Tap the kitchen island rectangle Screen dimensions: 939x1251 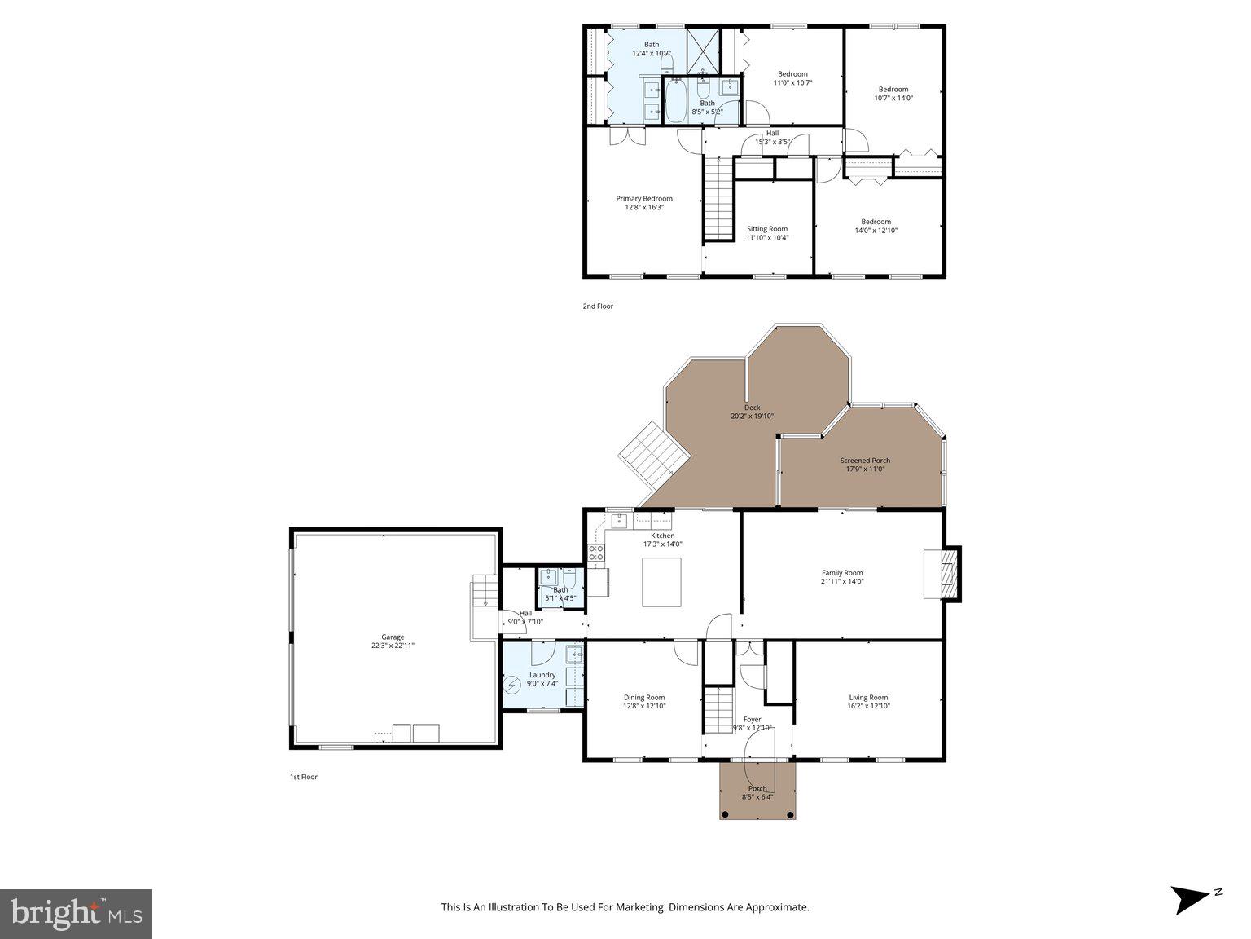(x=661, y=582)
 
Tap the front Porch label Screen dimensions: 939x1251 (x=757, y=789)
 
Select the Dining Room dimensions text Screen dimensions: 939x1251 (x=644, y=706)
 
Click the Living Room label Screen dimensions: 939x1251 (x=868, y=697)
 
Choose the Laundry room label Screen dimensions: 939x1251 (x=542, y=675)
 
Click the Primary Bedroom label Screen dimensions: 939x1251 (x=643, y=199)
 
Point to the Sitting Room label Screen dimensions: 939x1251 (x=766, y=229)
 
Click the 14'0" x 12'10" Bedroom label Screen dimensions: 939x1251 (x=876, y=222)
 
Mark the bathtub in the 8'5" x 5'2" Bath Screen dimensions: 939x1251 (x=676, y=101)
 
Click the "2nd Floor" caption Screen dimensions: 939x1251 (x=597, y=306)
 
